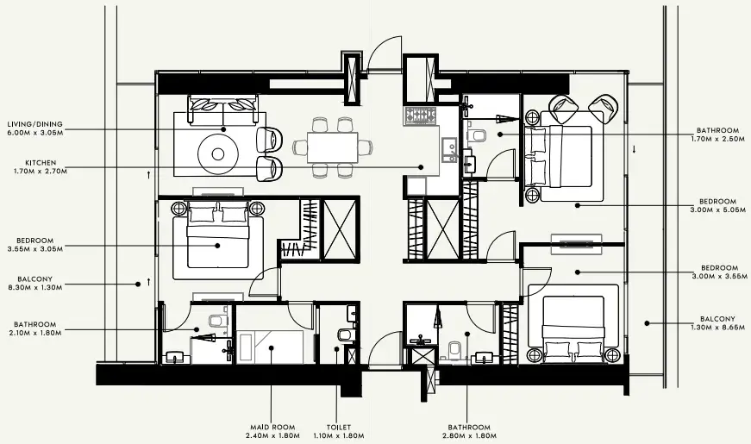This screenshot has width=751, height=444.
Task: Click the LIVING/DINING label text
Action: pyautogui.click(x=35, y=124)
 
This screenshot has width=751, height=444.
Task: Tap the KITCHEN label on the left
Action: pyautogui.click(x=41, y=163)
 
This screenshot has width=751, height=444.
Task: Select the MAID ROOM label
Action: pyautogui.click(x=272, y=428)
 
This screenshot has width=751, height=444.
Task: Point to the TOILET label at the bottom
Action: pyautogui.click(x=339, y=428)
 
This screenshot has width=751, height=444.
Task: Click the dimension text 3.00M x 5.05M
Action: pyautogui.click(x=718, y=209)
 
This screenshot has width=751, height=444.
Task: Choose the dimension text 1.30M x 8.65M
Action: pyautogui.click(x=718, y=328)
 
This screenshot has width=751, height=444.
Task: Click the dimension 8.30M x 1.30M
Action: pyautogui.click(x=35, y=287)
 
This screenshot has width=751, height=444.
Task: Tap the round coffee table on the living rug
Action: pyautogui.click(x=218, y=153)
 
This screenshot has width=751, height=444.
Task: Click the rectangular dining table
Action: pyautogui.click(x=333, y=147)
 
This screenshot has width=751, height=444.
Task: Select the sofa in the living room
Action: pyautogui.click(x=223, y=109)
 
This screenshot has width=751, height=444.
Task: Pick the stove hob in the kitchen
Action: pyautogui.click(x=420, y=116)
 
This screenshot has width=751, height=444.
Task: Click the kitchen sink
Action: pyautogui.click(x=448, y=149)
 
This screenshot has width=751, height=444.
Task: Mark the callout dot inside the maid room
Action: pyautogui.click(x=272, y=347)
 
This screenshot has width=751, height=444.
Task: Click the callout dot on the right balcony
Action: pyautogui.click(x=647, y=323)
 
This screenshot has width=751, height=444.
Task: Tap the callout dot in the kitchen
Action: pyautogui.click(x=421, y=167)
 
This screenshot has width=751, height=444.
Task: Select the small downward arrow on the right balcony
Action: pyautogui.click(x=634, y=149)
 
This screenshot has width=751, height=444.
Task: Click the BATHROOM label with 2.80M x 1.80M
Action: pyautogui.click(x=469, y=428)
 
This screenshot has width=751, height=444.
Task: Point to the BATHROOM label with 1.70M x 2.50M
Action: pyautogui.click(x=718, y=130)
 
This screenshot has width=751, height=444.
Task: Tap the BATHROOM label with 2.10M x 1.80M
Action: pyautogui.click(x=35, y=324)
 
